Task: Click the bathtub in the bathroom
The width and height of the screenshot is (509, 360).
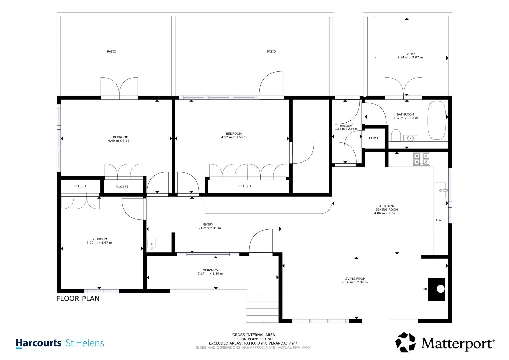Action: click(437, 120)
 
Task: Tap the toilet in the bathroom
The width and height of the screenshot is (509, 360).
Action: click(396, 135)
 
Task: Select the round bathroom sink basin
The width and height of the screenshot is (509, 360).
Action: click(410, 138)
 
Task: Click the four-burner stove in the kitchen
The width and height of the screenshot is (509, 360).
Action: click(422, 159)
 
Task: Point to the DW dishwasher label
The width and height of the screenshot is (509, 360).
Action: click(439, 220)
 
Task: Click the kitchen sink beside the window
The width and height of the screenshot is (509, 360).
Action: click(441, 190)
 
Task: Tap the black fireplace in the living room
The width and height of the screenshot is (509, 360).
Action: click(437, 289)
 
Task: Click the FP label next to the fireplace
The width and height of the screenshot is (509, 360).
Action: click(425, 289)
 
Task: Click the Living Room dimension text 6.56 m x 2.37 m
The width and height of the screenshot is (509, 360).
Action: click(355, 282)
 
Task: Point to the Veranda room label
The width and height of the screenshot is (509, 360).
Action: click(210, 270)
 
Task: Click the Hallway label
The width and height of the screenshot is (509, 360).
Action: click(346, 125)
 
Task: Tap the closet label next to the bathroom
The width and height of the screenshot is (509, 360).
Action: click(375, 138)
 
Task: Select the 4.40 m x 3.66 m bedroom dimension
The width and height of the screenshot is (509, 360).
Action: click(121, 141)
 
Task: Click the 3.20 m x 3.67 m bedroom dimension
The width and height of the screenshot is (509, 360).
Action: click(99, 243)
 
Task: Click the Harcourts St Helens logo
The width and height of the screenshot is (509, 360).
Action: click(60, 343)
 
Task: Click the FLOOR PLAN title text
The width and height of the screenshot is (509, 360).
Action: click(78, 298)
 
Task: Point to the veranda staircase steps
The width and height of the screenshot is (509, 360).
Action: click(262, 308)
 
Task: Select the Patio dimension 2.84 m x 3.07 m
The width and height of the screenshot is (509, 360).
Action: click(410, 57)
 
